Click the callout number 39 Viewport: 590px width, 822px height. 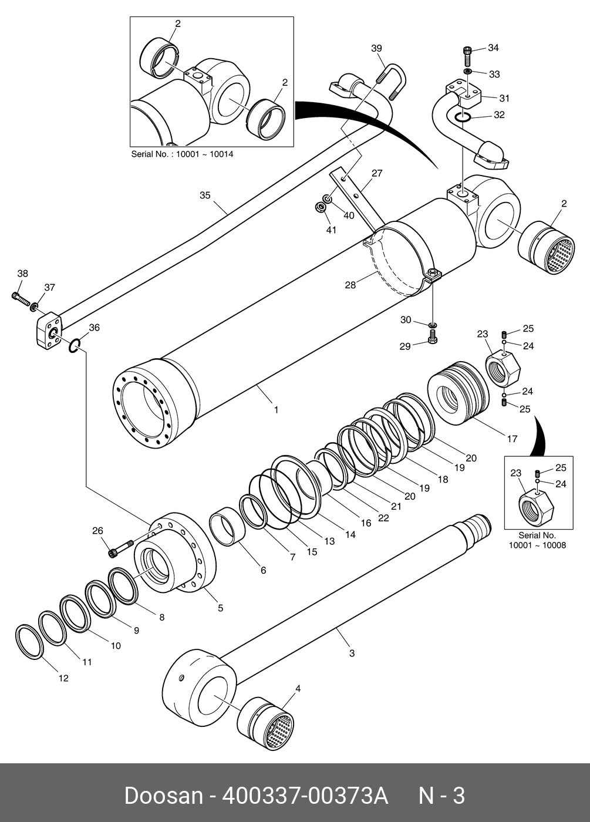(x=376, y=48)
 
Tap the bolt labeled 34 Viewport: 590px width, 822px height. (x=467, y=55)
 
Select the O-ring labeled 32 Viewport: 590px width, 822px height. (x=463, y=117)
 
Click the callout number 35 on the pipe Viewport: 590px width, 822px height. (x=205, y=195)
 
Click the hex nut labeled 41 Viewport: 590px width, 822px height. (x=321, y=208)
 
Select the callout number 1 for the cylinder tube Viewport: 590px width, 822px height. (x=276, y=410)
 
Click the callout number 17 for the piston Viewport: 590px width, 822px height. (x=512, y=439)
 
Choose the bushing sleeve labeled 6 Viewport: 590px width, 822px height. (x=228, y=526)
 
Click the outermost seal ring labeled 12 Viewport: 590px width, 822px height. (x=30, y=641)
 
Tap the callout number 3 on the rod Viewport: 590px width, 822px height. (x=352, y=653)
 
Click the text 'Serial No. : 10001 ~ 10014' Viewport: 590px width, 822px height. (x=183, y=154)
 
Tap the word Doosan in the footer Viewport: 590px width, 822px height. (x=164, y=796)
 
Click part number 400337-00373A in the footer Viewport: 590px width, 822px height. (x=305, y=796)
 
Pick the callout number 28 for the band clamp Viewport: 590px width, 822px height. (x=350, y=285)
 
